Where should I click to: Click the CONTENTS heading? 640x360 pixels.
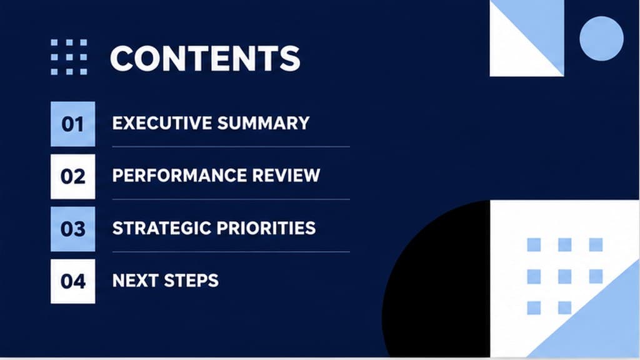coord(205,58)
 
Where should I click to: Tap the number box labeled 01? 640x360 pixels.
coord(72,124)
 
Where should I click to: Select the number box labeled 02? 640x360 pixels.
coord(72,177)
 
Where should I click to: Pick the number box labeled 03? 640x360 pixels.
coord(72,229)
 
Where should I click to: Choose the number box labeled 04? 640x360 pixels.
coord(72,281)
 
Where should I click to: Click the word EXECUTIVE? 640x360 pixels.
coord(162,123)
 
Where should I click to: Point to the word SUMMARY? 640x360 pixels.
coord(263,123)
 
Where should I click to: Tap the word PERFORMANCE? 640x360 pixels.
coord(179,176)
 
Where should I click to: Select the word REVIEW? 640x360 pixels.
coord(286,176)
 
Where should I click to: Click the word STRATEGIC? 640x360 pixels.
coord(162,228)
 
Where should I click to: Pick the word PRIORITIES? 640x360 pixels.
coord(266,228)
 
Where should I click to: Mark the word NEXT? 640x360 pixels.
coord(136,281)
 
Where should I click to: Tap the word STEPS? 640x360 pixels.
coord(191,281)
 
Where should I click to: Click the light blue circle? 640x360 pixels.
coord(602,38)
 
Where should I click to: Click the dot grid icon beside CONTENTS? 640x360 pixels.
coord(69,57)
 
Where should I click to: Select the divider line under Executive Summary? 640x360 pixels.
coord(231,146)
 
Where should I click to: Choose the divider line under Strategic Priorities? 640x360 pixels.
coord(231,252)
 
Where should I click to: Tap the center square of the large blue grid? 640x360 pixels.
coord(565,276)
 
